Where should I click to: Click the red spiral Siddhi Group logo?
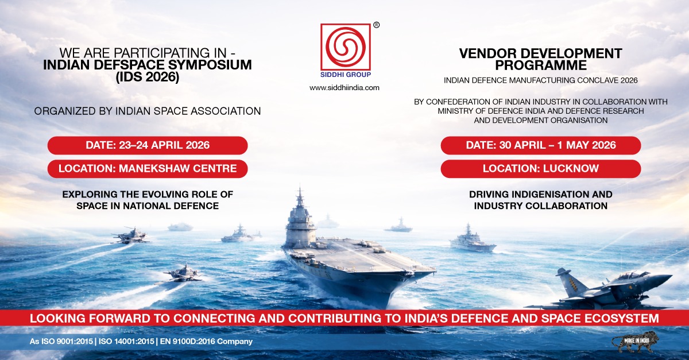[x=346, y=47]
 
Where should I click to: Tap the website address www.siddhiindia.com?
[x=344, y=88]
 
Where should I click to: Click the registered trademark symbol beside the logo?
[x=376, y=25]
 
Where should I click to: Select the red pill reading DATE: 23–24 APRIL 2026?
[x=148, y=145]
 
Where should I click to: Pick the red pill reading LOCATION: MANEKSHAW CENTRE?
[x=148, y=169]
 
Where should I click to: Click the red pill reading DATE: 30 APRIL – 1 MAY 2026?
[x=541, y=145]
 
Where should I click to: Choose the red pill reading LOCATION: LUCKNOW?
[x=541, y=169]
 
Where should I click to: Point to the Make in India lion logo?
[x=636, y=343]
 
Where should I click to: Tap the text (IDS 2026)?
[x=148, y=77]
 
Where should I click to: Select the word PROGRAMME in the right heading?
[x=541, y=65]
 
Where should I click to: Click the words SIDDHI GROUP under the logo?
[x=346, y=75]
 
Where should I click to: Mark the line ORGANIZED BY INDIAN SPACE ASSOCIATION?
[x=148, y=111]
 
